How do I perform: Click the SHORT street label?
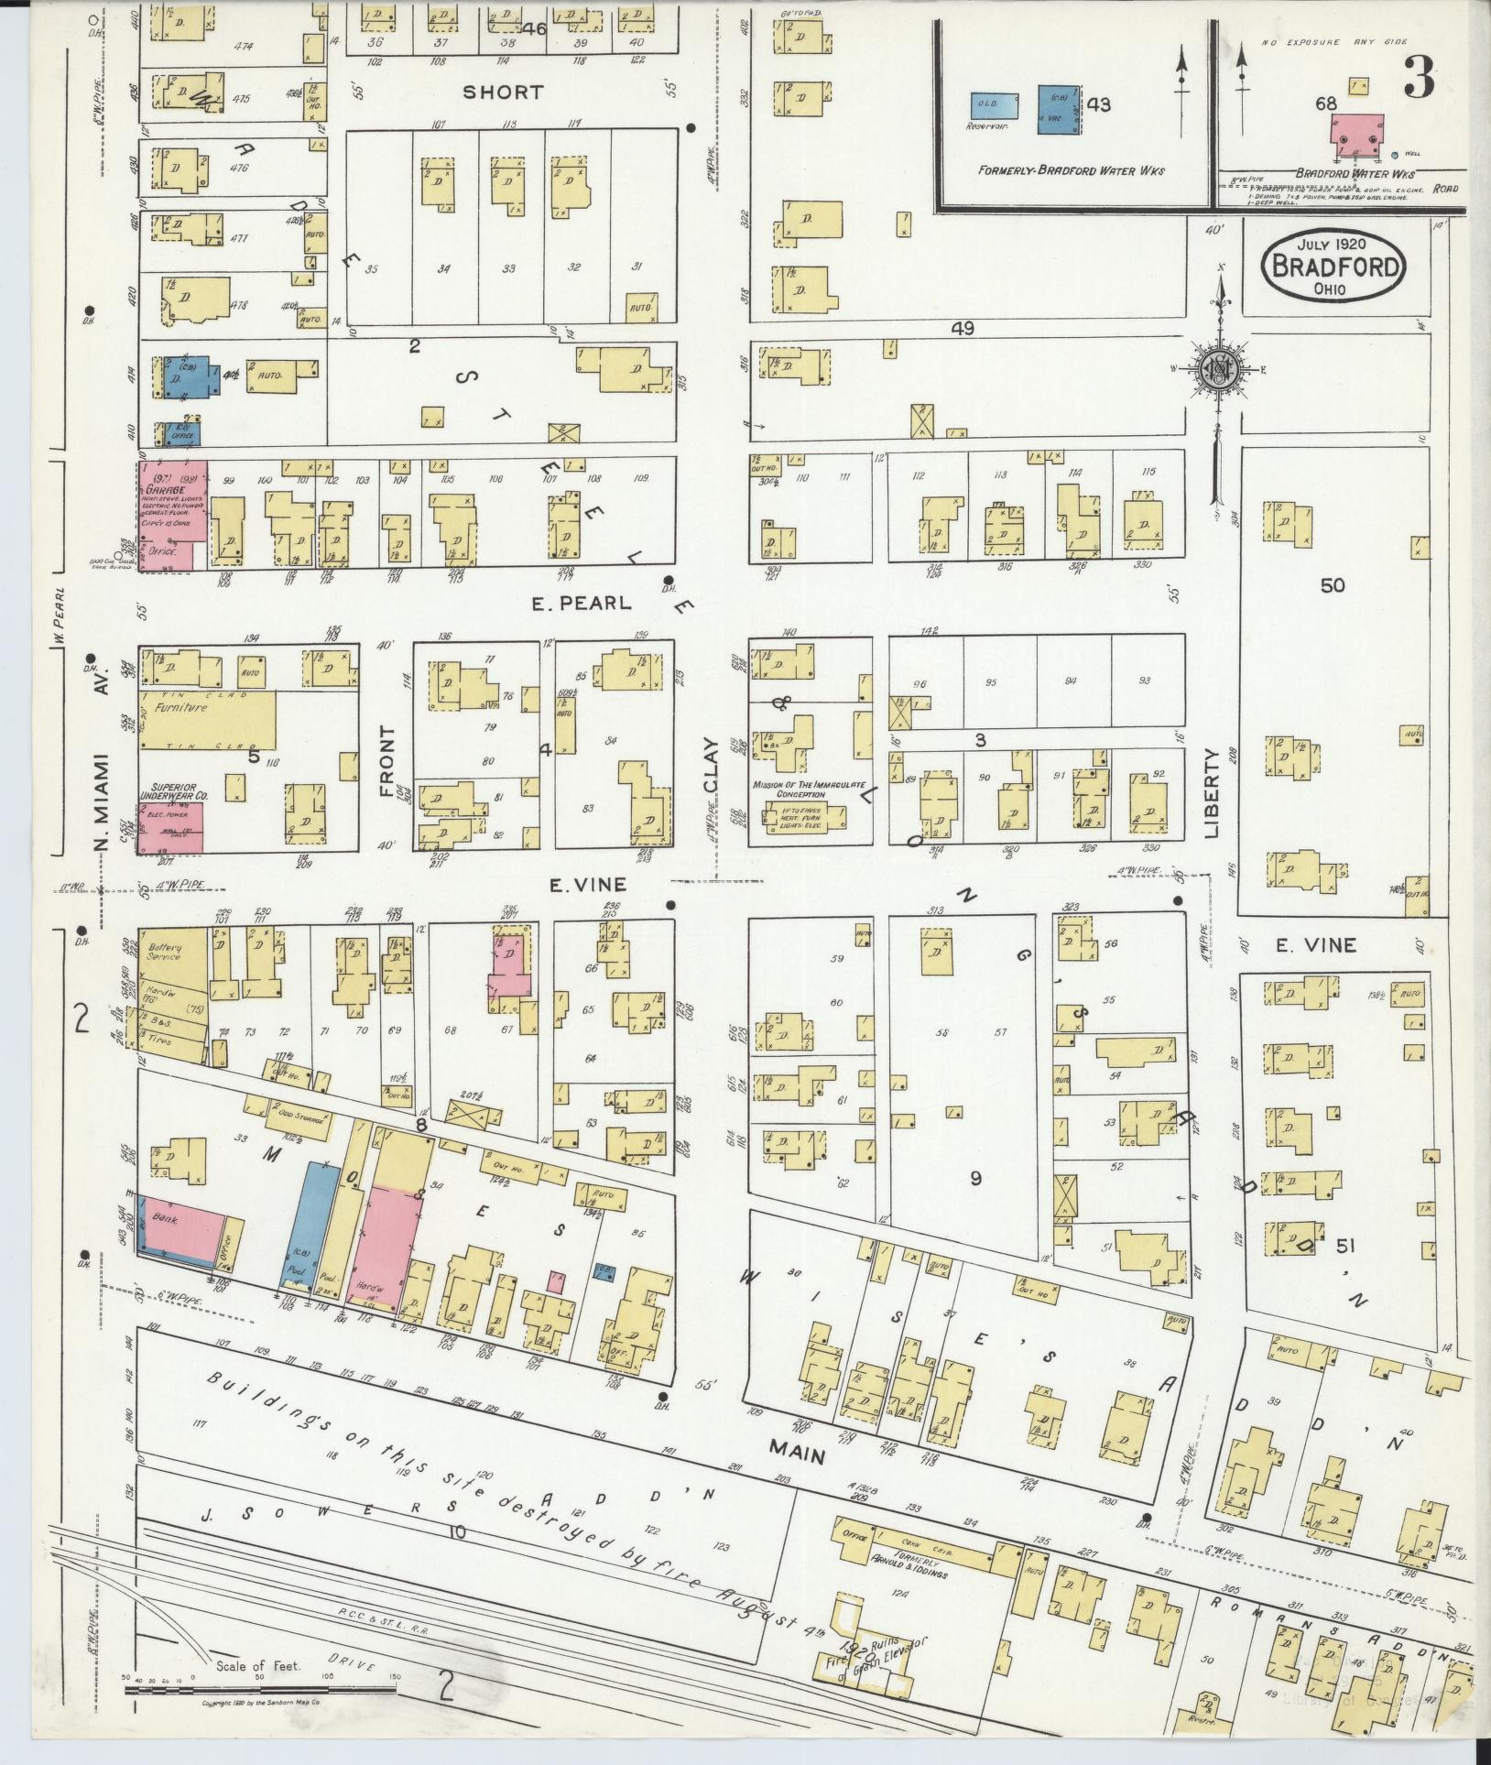point(502,93)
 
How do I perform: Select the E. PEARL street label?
point(582,603)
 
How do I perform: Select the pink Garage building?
point(171,513)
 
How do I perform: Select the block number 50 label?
point(1333,584)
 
